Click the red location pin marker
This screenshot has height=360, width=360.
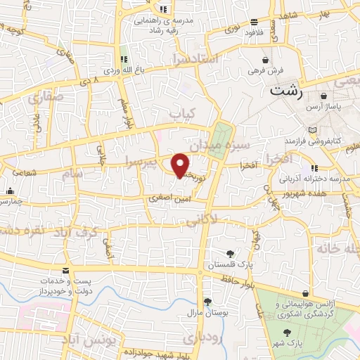[181, 164]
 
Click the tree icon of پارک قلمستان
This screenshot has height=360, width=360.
[230, 253]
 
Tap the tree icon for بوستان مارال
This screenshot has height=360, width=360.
[207, 301]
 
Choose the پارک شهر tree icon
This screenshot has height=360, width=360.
[286, 333]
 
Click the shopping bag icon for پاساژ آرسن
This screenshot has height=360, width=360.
[323, 96]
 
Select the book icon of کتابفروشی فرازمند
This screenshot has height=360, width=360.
[313, 131]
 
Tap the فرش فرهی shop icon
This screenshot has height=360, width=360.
[264, 60]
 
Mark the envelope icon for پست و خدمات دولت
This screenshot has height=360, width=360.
[66, 271]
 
